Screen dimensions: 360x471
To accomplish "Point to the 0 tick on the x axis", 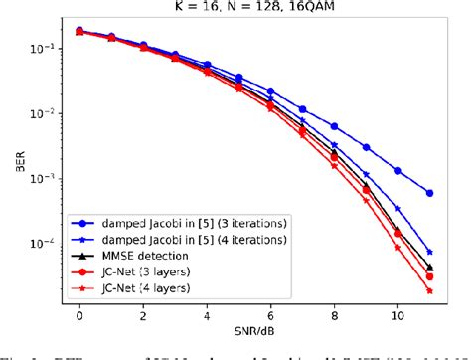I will tap(79, 313).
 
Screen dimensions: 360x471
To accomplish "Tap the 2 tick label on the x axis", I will tap(143, 313).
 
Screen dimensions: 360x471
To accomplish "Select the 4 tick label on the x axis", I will tap(207, 313).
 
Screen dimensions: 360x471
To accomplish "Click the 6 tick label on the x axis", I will tap(271, 313).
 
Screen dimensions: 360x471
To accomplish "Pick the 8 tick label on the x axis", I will tap(335, 313).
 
